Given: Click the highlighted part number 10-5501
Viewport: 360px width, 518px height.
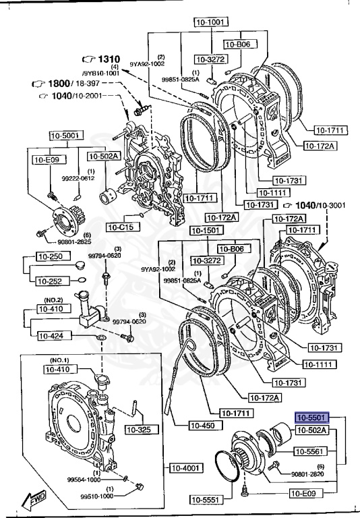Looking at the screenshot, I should click(x=311, y=418).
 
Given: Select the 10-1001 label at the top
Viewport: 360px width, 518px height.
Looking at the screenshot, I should click(x=210, y=22).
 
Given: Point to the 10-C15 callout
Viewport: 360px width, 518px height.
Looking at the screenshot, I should click(x=119, y=227).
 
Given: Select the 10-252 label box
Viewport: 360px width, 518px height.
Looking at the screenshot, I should click(x=51, y=281).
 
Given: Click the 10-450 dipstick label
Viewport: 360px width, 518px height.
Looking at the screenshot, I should click(x=203, y=426).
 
